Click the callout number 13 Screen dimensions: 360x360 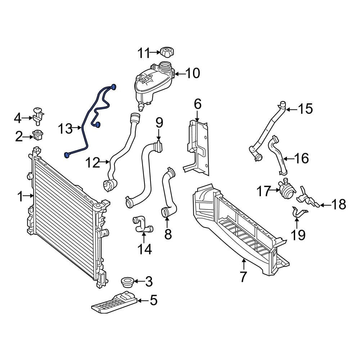coord(66,128)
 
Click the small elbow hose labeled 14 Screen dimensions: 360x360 coord(142,224)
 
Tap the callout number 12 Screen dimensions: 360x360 coord(93,163)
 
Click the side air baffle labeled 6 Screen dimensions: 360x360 coord(197,148)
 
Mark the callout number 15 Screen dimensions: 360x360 coord(305,109)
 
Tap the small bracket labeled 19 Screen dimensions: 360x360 coord(297,212)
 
